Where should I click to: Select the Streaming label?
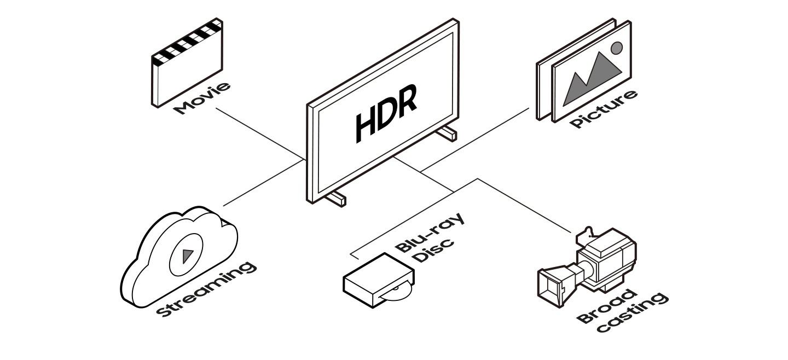pyautogui.click(x=206, y=289)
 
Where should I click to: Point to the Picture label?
pyautogui.click(x=604, y=109)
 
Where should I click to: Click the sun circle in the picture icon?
pyautogui.click(x=617, y=48)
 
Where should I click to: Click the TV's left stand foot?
pyautogui.click(x=335, y=198)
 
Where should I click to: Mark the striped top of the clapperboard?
pyautogui.click(x=187, y=42)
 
